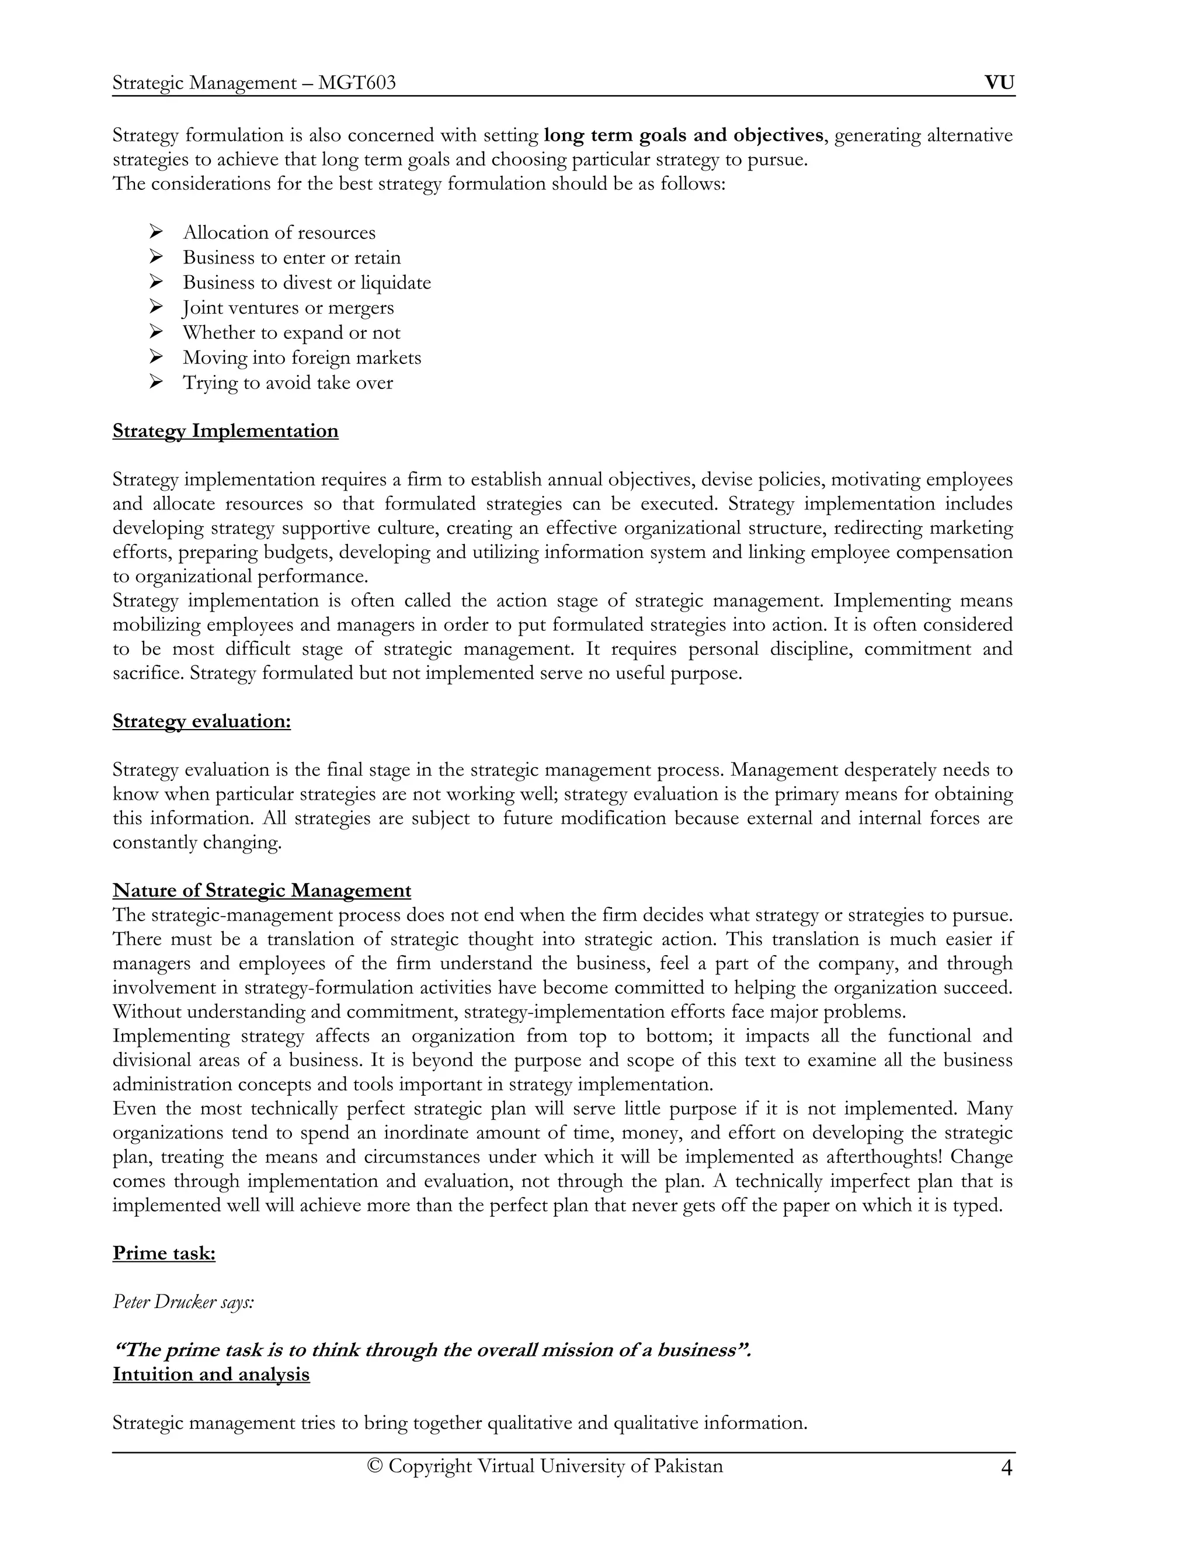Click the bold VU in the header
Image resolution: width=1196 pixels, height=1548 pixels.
(x=999, y=83)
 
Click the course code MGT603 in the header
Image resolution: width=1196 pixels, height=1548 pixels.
(x=356, y=84)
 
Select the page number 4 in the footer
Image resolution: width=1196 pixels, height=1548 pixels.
(x=1006, y=1467)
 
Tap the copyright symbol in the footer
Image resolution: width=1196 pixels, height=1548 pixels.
(x=375, y=1466)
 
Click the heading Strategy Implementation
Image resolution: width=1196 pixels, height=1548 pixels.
(x=225, y=431)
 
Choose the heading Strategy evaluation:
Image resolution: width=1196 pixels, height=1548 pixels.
(x=201, y=721)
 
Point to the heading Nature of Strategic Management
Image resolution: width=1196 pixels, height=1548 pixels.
(x=262, y=890)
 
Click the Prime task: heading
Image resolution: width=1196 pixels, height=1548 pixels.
(x=164, y=1253)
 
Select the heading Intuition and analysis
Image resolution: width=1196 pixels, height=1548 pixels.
(x=211, y=1375)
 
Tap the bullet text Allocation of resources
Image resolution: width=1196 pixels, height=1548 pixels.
(x=279, y=232)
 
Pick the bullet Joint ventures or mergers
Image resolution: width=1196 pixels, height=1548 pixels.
(x=288, y=308)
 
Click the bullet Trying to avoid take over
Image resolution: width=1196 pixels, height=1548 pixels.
(x=288, y=383)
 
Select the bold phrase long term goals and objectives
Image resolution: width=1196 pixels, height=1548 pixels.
(x=683, y=135)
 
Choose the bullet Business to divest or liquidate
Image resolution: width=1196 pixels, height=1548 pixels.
(x=307, y=283)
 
